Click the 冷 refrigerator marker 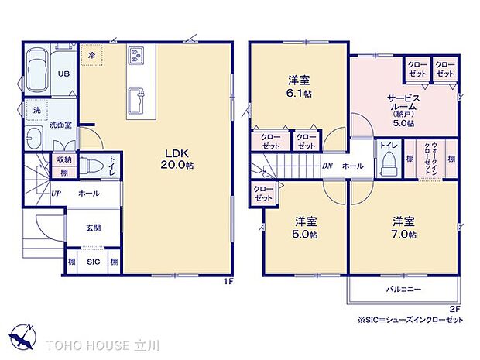tap(92, 57)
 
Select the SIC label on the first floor tap(93, 262)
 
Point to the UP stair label tap(57, 193)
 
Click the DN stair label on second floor tap(327, 166)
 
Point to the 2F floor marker tap(454, 308)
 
